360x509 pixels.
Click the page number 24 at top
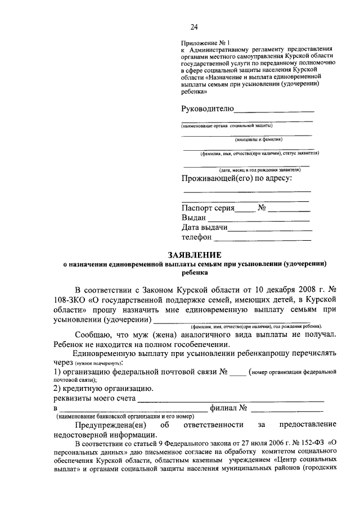tap(193, 27)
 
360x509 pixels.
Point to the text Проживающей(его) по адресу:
tap(237, 179)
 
